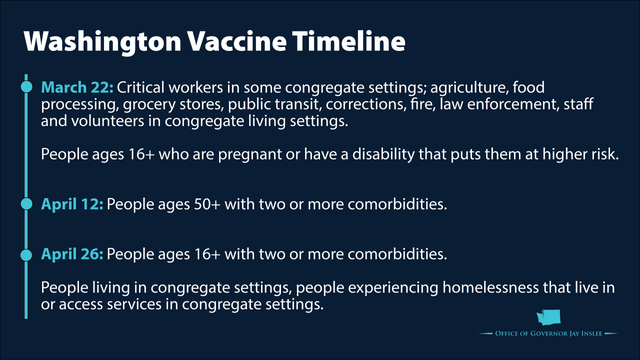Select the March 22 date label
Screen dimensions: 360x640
pyautogui.click(x=77, y=88)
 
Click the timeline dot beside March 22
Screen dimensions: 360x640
pyautogui.click(x=27, y=88)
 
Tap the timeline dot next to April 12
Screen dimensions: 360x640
pyautogui.click(x=27, y=204)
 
